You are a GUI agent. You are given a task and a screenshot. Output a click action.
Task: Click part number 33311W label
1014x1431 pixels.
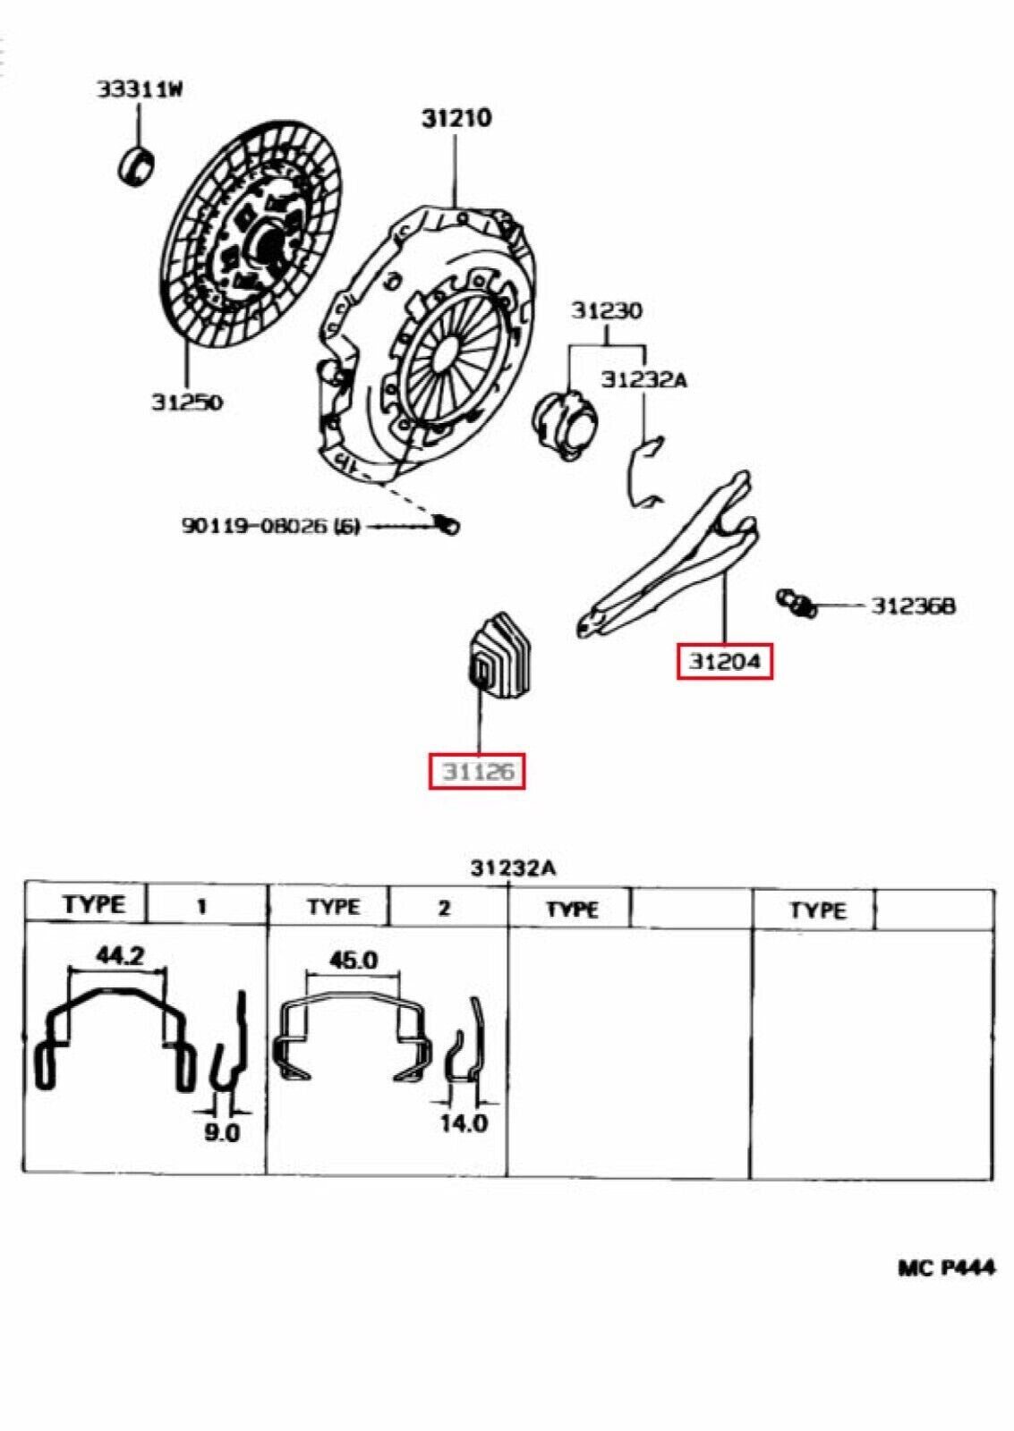pyautogui.click(x=141, y=89)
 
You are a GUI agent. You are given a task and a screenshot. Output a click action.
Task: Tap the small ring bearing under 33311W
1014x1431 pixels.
pyautogui.click(x=137, y=166)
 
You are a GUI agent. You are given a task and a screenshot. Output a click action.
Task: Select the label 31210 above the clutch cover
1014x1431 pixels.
pyautogui.click(x=456, y=117)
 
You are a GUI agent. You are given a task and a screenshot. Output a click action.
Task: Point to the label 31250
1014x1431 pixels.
pyautogui.click(x=186, y=402)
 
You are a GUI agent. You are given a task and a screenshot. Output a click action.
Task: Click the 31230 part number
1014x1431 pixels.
pyautogui.click(x=607, y=310)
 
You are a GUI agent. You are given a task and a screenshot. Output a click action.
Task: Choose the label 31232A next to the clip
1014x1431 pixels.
pyautogui.click(x=643, y=379)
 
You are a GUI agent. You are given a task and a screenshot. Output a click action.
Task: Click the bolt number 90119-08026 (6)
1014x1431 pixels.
pyautogui.click(x=271, y=525)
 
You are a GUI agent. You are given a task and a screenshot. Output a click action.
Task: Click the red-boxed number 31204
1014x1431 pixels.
pyautogui.click(x=724, y=662)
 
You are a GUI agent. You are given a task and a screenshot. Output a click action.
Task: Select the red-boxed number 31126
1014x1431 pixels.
pyautogui.click(x=477, y=771)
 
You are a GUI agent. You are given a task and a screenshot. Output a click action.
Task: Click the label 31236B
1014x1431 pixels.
pyautogui.click(x=913, y=605)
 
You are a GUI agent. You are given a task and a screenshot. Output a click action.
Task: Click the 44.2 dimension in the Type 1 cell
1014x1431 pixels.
pyautogui.click(x=119, y=955)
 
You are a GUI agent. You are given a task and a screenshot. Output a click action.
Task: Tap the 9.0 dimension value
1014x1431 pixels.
pyautogui.click(x=222, y=1132)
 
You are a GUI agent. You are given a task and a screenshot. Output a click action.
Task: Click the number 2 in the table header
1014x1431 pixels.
pyautogui.click(x=444, y=908)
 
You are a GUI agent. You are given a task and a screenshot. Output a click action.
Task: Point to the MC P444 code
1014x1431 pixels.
pyautogui.click(x=946, y=1267)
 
